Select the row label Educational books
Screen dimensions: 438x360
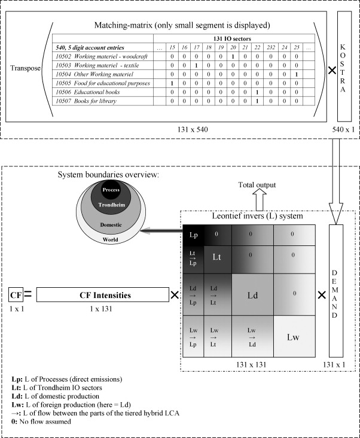point(87,92)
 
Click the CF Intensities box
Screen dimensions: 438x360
point(105,295)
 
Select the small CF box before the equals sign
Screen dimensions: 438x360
point(15,295)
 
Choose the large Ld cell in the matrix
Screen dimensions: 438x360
point(252,295)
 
